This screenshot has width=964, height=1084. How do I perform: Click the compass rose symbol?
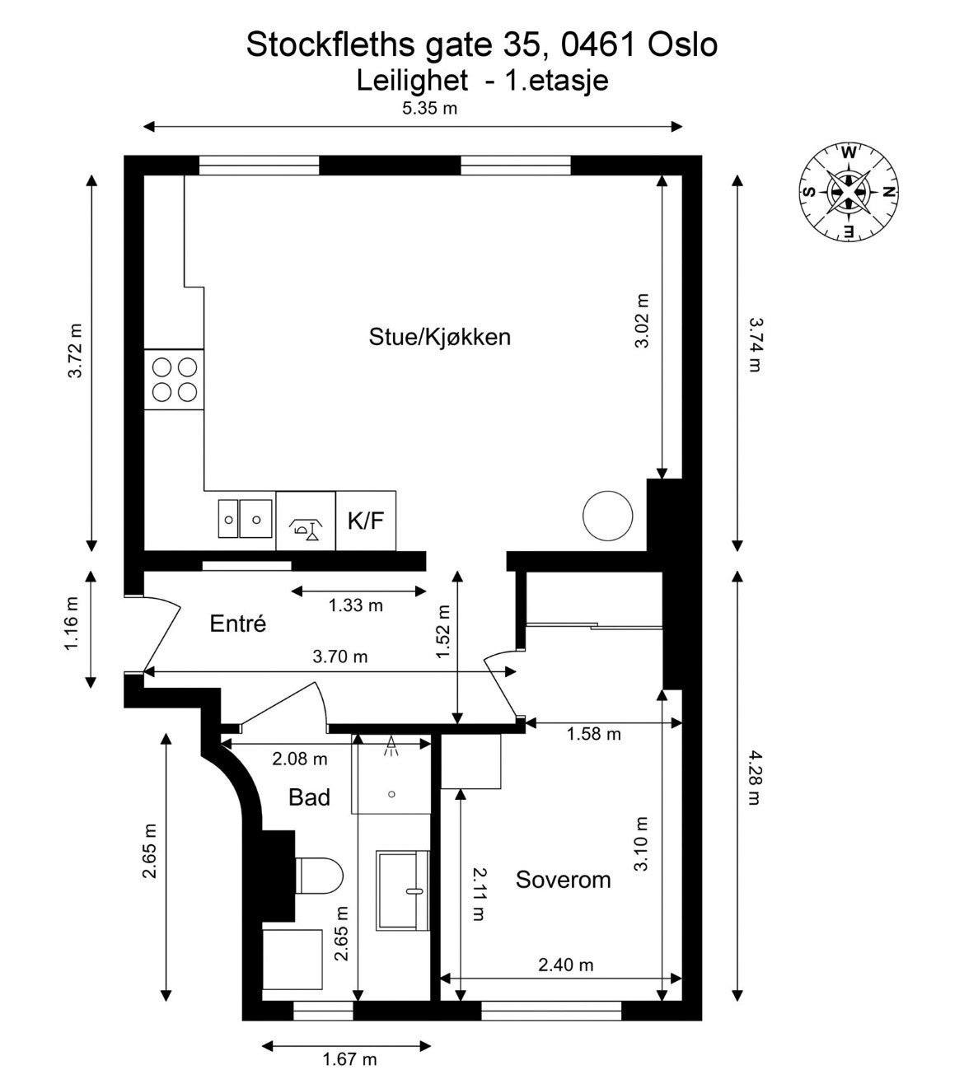click(849, 192)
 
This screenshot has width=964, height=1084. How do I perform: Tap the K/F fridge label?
click(366, 520)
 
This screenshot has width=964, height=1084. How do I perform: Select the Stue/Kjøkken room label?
click(439, 337)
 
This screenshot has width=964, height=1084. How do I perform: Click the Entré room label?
click(237, 623)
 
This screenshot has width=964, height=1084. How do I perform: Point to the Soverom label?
click(563, 880)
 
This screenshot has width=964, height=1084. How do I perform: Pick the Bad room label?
click(309, 797)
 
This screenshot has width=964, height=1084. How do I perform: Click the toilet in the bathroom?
click(319, 876)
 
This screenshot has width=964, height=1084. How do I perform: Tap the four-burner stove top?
click(174, 380)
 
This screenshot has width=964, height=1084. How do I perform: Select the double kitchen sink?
click(245, 518)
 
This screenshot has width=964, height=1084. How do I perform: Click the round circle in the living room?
click(607, 516)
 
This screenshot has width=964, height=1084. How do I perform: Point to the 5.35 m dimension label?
click(429, 109)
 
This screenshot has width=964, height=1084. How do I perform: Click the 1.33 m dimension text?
click(355, 605)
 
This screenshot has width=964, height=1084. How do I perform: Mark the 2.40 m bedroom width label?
click(566, 965)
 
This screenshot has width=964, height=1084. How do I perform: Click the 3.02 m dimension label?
click(642, 320)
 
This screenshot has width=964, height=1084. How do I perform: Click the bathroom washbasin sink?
click(402, 891)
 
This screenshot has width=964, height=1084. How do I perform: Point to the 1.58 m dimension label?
click(593, 734)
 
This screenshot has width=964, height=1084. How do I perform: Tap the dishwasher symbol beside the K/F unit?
click(306, 521)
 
